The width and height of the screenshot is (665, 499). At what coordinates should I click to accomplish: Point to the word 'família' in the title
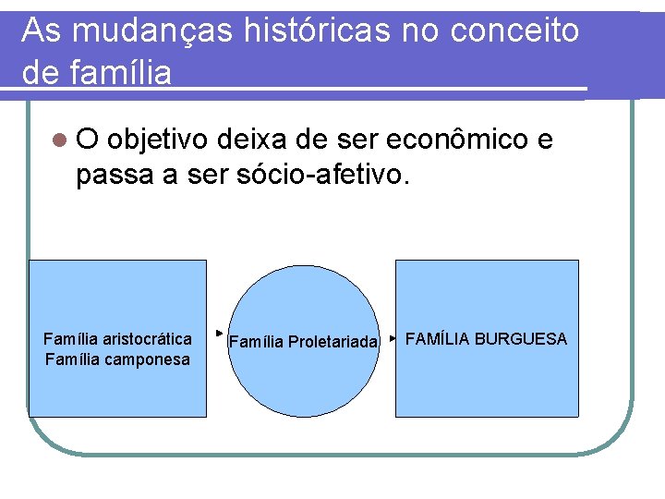click(119, 72)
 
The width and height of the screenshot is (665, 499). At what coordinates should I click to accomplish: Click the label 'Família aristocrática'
click(117, 339)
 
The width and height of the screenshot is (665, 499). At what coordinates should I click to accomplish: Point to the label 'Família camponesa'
click(117, 359)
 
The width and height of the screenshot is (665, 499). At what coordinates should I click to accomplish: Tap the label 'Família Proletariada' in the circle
click(303, 343)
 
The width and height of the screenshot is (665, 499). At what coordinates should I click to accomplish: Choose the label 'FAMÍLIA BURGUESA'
click(486, 339)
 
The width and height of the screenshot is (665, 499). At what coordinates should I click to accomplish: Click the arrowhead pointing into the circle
click(219, 331)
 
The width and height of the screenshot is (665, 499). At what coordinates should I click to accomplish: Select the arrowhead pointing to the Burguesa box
click(392, 339)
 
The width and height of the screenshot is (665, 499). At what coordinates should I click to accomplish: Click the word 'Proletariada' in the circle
click(332, 343)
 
